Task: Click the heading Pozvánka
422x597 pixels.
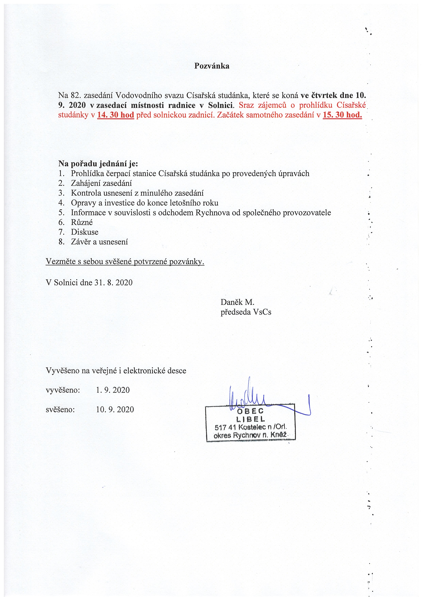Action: coord(212,66)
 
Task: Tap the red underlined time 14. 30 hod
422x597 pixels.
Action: coord(115,115)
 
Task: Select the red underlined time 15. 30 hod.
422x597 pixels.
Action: coord(342,115)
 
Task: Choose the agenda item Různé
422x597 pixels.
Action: coord(82,222)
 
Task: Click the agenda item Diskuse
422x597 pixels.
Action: coord(85,232)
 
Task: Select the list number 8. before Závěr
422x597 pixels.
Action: coord(61,242)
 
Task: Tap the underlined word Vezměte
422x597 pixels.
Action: coord(61,262)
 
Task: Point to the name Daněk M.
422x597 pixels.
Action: coord(237,302)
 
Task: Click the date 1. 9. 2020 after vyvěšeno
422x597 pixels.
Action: coord(113,390)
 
